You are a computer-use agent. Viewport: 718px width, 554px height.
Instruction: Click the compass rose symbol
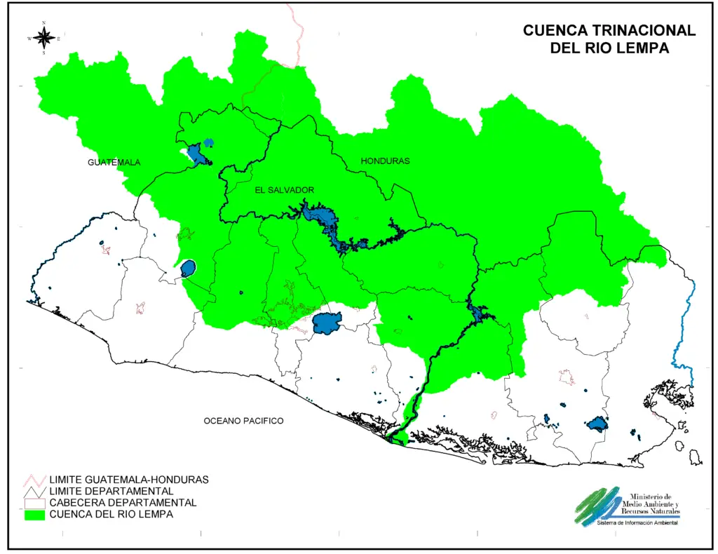pyautogui.click(x=43, y=38)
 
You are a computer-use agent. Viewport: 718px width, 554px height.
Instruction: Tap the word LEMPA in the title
pyautogui.click(x=643, y=48)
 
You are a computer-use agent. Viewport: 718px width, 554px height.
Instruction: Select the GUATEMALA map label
pyautogui.click(x=114, y=163)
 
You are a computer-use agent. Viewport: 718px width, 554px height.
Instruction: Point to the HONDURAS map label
pyautogui.click(x=385, y=161)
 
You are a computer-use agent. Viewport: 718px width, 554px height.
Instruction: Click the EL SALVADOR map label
pyautogui.click(x=284, y=191)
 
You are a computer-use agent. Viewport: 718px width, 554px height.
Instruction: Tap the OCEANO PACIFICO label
pyautogui.click(x=243, y=421)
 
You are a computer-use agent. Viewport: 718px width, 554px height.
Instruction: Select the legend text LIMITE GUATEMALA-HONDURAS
pyautogui.click(x=129, y=480)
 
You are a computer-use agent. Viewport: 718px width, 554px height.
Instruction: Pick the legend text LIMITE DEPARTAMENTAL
pyautogui.click(x=111, y=491)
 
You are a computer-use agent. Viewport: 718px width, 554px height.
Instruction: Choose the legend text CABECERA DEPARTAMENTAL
pyautogui.click(x=123, y=503)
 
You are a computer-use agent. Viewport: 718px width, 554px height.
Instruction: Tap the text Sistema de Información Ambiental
pyautogui.click(x=637, y=523)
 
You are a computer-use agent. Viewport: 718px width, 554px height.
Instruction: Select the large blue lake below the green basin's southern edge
pyautogui.click(x=327, y=324)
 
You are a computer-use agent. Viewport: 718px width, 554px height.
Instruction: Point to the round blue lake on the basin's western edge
pyautogui.click(x=188, y=269)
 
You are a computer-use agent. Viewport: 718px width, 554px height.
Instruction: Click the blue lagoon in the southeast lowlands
pyautogui.click(x=597, y=424)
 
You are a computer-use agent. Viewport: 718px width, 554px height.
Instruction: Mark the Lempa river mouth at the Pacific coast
pyautogui.click(x=397, y=440)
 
